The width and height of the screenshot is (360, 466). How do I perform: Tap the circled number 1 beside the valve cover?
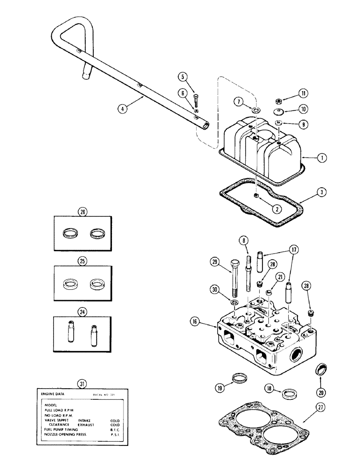(x=320, y=158)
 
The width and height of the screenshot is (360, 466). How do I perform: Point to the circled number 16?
(x=194, y=321)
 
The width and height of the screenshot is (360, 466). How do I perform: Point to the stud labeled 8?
(x=246, y=270)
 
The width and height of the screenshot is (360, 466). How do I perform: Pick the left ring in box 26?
(x=70, y=231)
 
